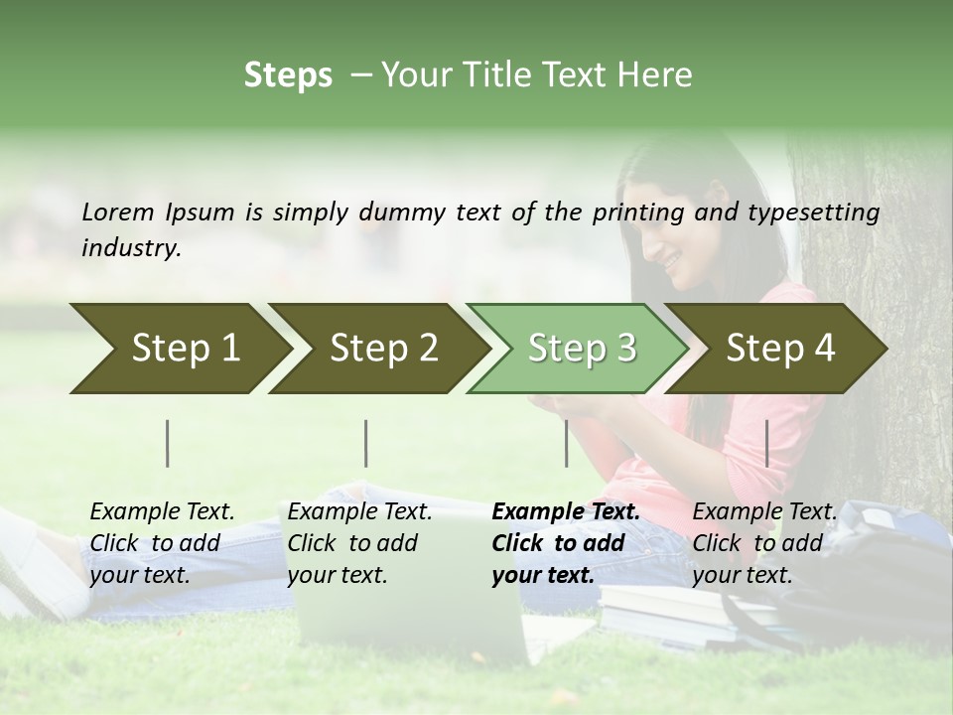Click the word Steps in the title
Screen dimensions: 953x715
click(288, 75)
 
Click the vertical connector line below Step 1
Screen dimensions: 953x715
click(168, 443)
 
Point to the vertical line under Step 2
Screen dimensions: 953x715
click(366, 443)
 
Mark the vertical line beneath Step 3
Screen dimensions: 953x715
click(567, 443)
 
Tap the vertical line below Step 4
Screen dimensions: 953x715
click(767, 443)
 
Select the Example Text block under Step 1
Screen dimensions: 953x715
click(162, 543)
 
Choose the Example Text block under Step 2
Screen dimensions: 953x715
click(359, 543)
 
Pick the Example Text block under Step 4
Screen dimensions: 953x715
click(764, 543)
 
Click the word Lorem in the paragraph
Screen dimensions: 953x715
click(118, 213)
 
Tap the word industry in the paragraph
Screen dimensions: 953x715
click(130, 248)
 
